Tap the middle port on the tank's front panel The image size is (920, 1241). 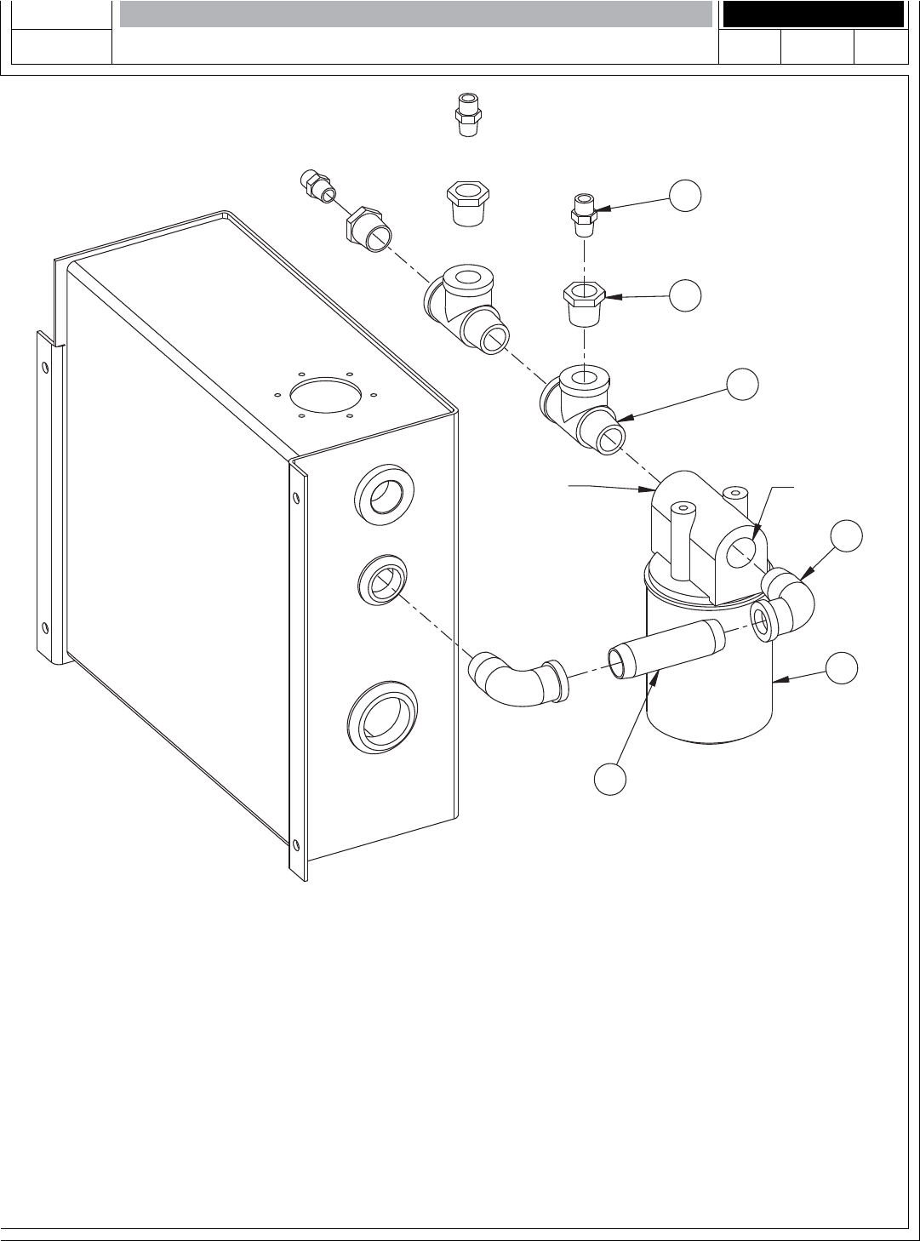tap(382, 581)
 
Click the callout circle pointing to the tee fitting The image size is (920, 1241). tap(743, 385)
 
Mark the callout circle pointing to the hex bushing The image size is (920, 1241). tap(685, 295)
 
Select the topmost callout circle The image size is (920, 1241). tap(685, 196)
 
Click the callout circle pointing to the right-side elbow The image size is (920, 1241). tap(847, 536)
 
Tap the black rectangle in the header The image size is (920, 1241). tap(812, 14)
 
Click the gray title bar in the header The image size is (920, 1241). tap(415, 14)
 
